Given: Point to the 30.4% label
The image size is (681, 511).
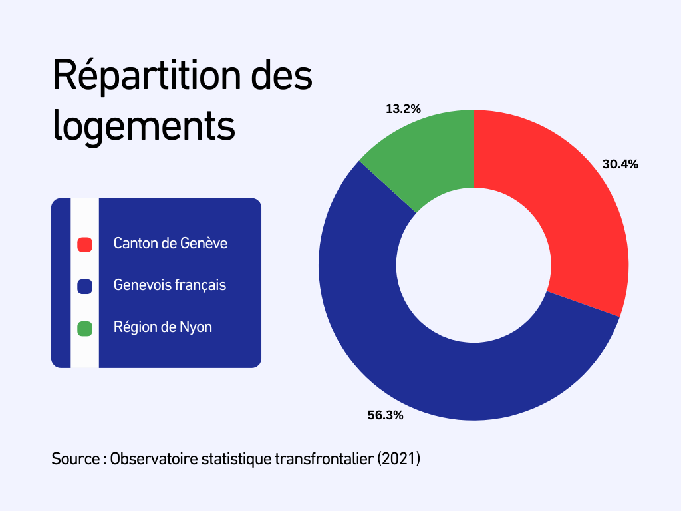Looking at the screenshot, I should [620, 164].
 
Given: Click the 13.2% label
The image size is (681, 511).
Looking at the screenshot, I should [403, 109].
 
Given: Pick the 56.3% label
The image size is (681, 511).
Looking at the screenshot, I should [386, 415].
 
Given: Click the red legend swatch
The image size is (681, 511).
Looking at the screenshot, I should [84, 244].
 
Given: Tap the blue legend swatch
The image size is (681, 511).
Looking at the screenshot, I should [84, 286].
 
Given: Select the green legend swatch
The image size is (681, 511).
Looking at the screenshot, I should [84, 328].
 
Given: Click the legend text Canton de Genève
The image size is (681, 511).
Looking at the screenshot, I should [170, 244].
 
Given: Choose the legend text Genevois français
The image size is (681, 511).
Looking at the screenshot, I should [170, 285].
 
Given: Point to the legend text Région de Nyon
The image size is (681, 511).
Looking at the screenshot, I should [163, 327].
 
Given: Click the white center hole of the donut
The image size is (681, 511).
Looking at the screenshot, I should [474, 265].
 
